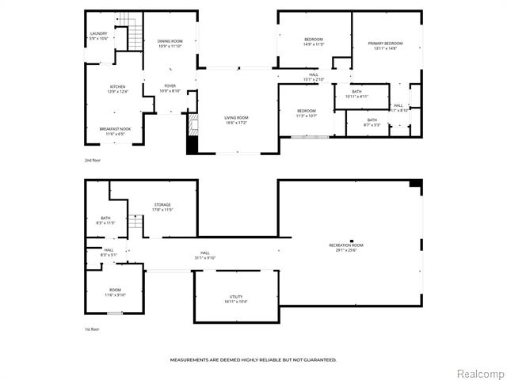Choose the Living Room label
pyautogui.click(x=237, y=120)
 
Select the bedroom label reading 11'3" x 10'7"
pyautogui.click(x=307, y=112)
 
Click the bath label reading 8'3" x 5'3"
pyautogui.click(x=372, y=122)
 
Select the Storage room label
pyautogui.click(x=162, y=207)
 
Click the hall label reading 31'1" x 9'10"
pyautogui.click(x=205, y=255)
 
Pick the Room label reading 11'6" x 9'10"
pyautogui.click(x=115, y=292)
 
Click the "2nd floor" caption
pyautogui.click(x=93, y=160)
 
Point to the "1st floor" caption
pyautogui.click(x=92, y=329)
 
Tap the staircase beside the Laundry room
pyautogui.click(x=132, y=36)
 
